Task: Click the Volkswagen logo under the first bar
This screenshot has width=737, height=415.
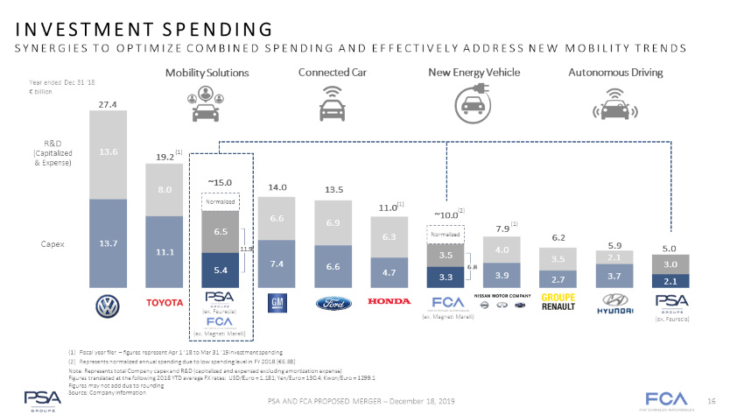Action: point(109,306)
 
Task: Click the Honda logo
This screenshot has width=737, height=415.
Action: point(389,303)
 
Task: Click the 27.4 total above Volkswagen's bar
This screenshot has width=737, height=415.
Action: point(109,104)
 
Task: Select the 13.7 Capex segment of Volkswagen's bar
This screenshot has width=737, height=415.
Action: point(109,243)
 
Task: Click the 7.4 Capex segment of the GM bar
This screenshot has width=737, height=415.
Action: point(277,264)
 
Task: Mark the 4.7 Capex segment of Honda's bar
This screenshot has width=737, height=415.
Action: point(389,272)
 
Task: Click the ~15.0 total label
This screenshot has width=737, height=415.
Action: point(219,181)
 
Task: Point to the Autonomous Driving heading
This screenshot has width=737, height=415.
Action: point(615,72)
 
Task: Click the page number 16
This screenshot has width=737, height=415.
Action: point(712,399)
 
